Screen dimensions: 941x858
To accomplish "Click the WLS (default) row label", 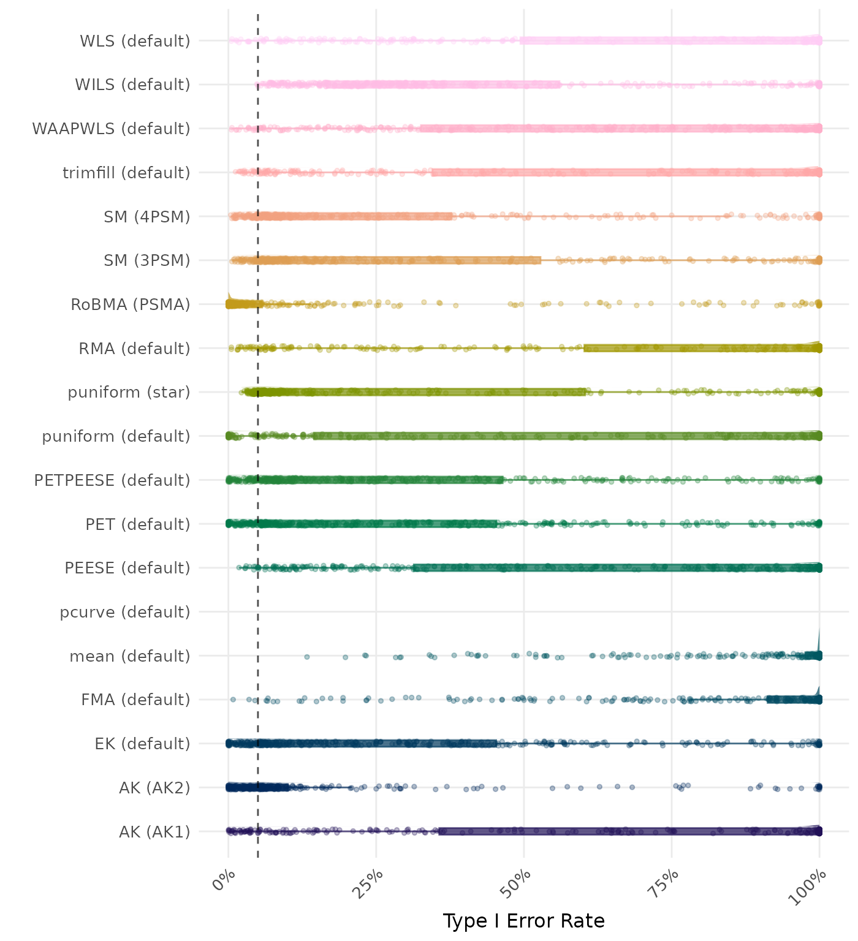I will pyautogui.click(x=135, y=41).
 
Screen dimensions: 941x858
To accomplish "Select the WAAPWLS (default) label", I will pyautogui.click(x=111, y=129).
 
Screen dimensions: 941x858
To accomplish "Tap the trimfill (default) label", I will pyautogui.click(x=126, y=173).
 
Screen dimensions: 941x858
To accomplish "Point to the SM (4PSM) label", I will pyautogui.click(x=147, y=217).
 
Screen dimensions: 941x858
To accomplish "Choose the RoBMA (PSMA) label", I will pyautogui.click(x=131, y=304).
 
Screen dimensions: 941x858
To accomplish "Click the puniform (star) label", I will pyautogui.click(x=129, y=392).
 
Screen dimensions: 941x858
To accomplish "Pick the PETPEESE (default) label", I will pyautogui.click(x=112, y=480).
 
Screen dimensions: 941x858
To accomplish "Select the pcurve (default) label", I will pyautogui.click(x=125, y=612).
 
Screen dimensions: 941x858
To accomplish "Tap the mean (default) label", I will pyautogui.click(x=130, y=656).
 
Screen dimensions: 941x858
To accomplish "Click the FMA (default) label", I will pyautogui.click(x=135, y=700).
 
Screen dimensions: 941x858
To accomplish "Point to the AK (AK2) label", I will pyautogui.click(x=154, y=788).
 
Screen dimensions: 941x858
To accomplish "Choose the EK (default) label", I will pyautogui.click(x=142, y=744).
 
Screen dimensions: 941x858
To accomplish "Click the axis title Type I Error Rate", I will pyautogui.click(x=523, y=921).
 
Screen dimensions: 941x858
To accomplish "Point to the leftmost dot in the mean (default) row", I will pyautogui.click(x=307, y=657).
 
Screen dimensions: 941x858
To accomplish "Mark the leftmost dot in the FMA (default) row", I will pyautogui.click(x=233, y=699).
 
